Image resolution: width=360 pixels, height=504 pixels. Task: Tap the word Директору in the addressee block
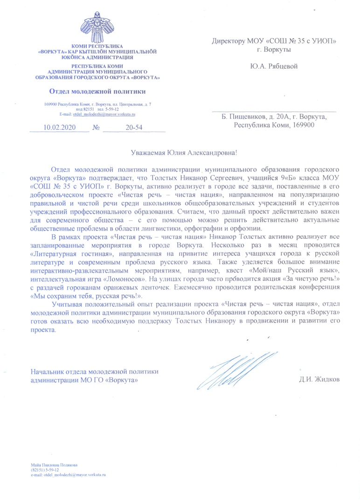[231, 41]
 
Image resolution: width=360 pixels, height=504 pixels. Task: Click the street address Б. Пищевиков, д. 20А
[254, 117]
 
